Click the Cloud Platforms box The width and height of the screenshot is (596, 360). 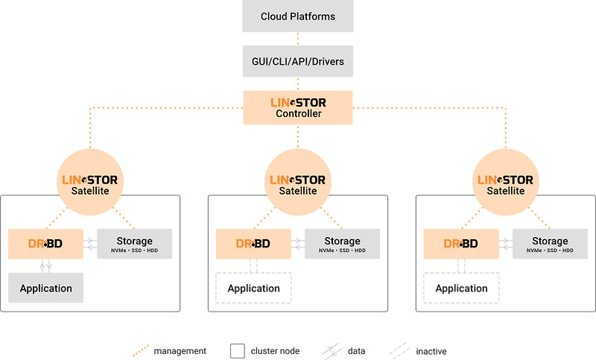298,16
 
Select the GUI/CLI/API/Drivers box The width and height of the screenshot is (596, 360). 298,61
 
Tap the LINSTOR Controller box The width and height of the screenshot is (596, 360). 298,107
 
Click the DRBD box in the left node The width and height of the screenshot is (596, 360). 45,244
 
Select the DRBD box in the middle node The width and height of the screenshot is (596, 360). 253,244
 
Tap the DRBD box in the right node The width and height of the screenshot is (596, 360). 461,244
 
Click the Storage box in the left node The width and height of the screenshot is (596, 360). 135,244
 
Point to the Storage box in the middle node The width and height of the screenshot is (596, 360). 343,244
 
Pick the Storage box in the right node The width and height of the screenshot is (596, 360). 551,244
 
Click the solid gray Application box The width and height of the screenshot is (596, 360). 45,288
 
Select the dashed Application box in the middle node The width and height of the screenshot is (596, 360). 253,288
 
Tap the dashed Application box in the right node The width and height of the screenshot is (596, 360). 461,288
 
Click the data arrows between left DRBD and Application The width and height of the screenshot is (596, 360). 45,266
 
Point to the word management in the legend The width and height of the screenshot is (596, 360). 180,350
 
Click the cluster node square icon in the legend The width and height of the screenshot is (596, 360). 238,350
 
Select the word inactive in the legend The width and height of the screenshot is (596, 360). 431,350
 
